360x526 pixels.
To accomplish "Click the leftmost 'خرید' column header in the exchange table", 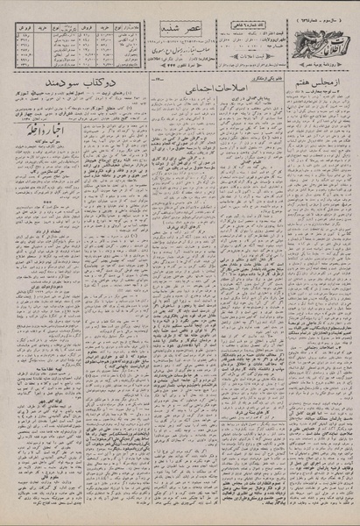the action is [x=40, y=30].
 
